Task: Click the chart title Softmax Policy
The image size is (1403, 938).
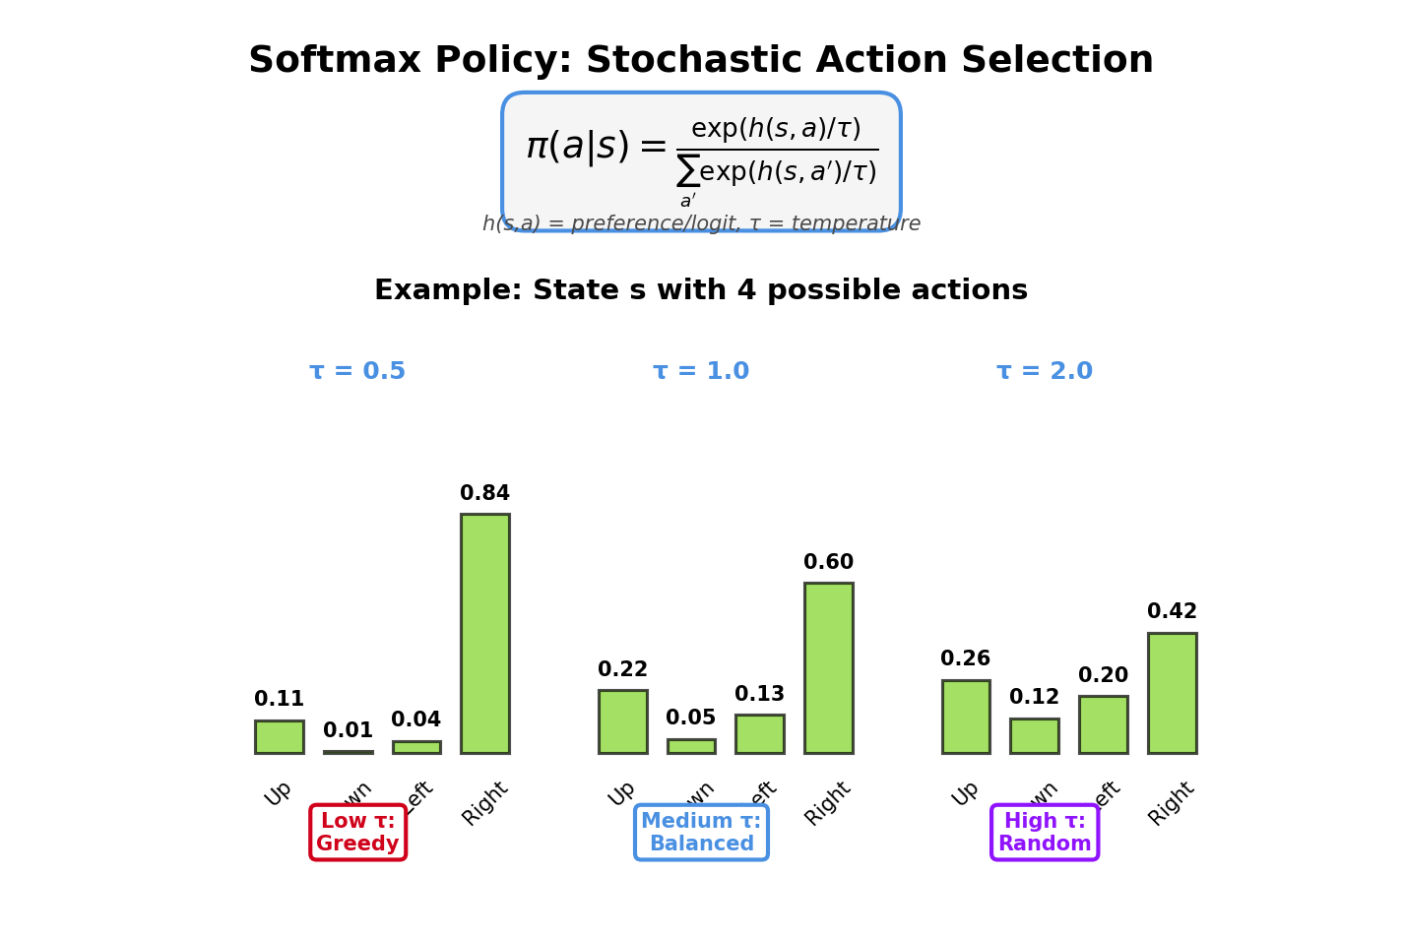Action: [701, 61]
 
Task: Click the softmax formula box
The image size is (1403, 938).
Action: [701, 157]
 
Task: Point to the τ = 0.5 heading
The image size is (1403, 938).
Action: [357, 372]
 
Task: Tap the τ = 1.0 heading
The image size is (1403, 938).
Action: [701, 372]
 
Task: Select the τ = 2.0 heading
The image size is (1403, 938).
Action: [1045, 372]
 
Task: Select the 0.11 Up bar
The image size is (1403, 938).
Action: [280, 736]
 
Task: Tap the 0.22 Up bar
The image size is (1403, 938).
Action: [623, 721]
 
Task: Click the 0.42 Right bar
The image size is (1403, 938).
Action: [1173, 693]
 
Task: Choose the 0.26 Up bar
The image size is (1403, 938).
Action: [966, 717]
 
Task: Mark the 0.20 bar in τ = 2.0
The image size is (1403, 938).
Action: [1104, 724]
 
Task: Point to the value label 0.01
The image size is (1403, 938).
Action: [349, 731]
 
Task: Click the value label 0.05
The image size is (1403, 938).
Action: [691, 719]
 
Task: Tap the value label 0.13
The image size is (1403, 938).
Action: [760, 695]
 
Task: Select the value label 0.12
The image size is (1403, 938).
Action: [1035, 698]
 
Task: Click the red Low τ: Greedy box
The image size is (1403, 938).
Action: [357, 833]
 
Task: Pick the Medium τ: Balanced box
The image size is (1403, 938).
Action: [701, 833]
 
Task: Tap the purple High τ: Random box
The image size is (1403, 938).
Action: [1045, 833]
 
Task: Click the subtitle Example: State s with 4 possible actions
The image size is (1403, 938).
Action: [701, 291]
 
